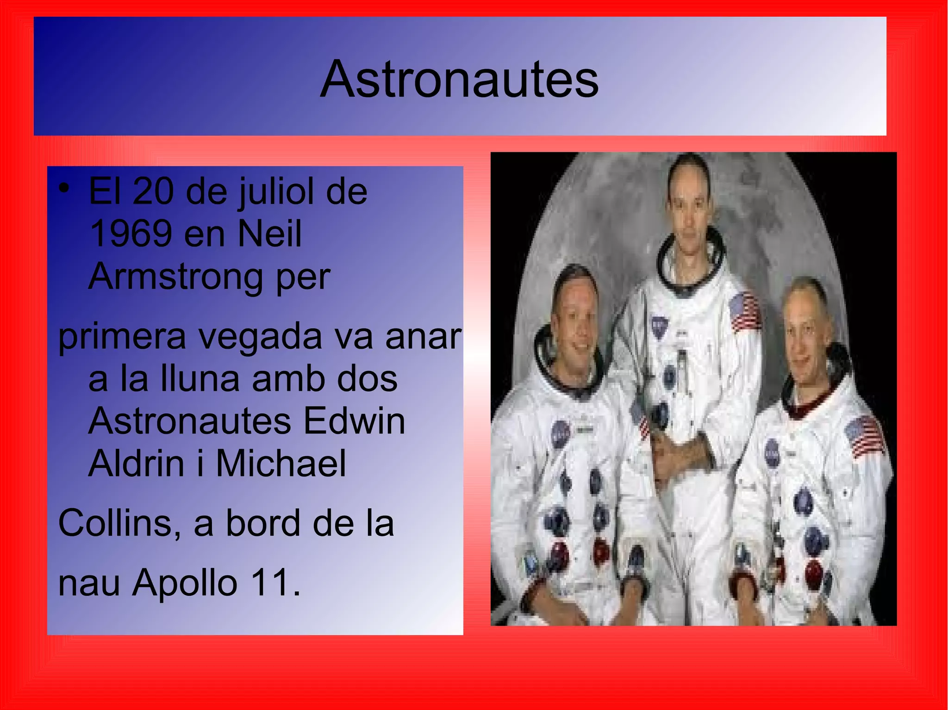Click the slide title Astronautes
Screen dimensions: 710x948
pos(459,80)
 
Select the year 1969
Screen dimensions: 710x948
pos(131,234)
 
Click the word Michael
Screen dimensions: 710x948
pos(281,463)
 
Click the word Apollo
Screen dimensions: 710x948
pos(185,583)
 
